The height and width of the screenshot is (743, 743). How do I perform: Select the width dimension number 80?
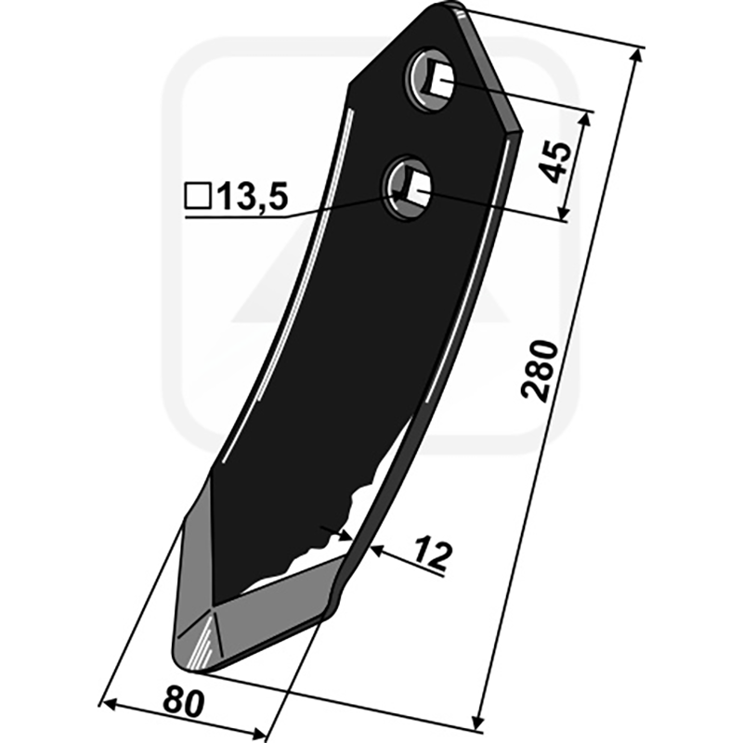click(x=184, y=701)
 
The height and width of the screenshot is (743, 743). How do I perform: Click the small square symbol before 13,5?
click(x=198, y=197)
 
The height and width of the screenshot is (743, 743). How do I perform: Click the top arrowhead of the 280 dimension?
click(x=636, y=56)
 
